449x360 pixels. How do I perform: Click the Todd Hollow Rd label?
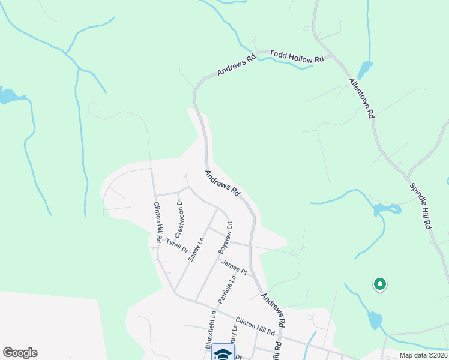tap(297, 56)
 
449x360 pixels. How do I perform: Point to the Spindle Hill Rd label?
tap(421, 205)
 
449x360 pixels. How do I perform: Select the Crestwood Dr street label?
tap(179, 218)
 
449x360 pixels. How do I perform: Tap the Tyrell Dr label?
tap(177, 245)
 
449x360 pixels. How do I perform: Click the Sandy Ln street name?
tap(196, 249)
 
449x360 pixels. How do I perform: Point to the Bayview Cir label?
tap(224, 238)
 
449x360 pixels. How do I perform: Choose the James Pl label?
tap(234, 266)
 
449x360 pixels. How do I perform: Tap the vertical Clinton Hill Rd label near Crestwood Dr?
tap(157, 221)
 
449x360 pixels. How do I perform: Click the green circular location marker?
tap(379, 284)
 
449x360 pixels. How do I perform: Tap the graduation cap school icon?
tap(223, 354)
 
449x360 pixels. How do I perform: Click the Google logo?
tap(20, 353)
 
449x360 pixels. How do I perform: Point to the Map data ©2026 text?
tap(423, 355)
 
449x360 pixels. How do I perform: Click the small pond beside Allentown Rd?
tap(364, 69)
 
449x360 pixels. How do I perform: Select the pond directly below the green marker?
tap(374, 319)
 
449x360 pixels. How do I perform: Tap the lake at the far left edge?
tap(8, 95)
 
